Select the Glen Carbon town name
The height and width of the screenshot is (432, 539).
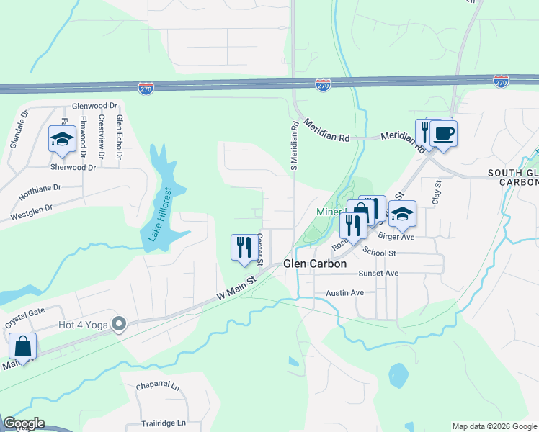(315, 264)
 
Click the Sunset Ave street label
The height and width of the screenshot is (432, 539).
(382, 274)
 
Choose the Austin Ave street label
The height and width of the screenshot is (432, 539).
(345, 293)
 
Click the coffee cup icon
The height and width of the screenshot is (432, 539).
(444, 134)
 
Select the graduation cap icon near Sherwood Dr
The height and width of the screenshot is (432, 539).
(62, 138)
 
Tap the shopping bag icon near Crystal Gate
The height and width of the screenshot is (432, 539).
(23, 346)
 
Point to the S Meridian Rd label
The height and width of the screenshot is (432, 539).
(295, 149)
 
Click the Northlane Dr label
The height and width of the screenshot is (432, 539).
(41, 194)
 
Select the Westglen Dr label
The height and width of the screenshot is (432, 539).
(32, 212)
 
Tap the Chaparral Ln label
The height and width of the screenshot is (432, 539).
(158, 387)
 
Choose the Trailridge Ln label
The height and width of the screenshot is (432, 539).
(161, 423)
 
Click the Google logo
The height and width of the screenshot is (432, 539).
(23, 423)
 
